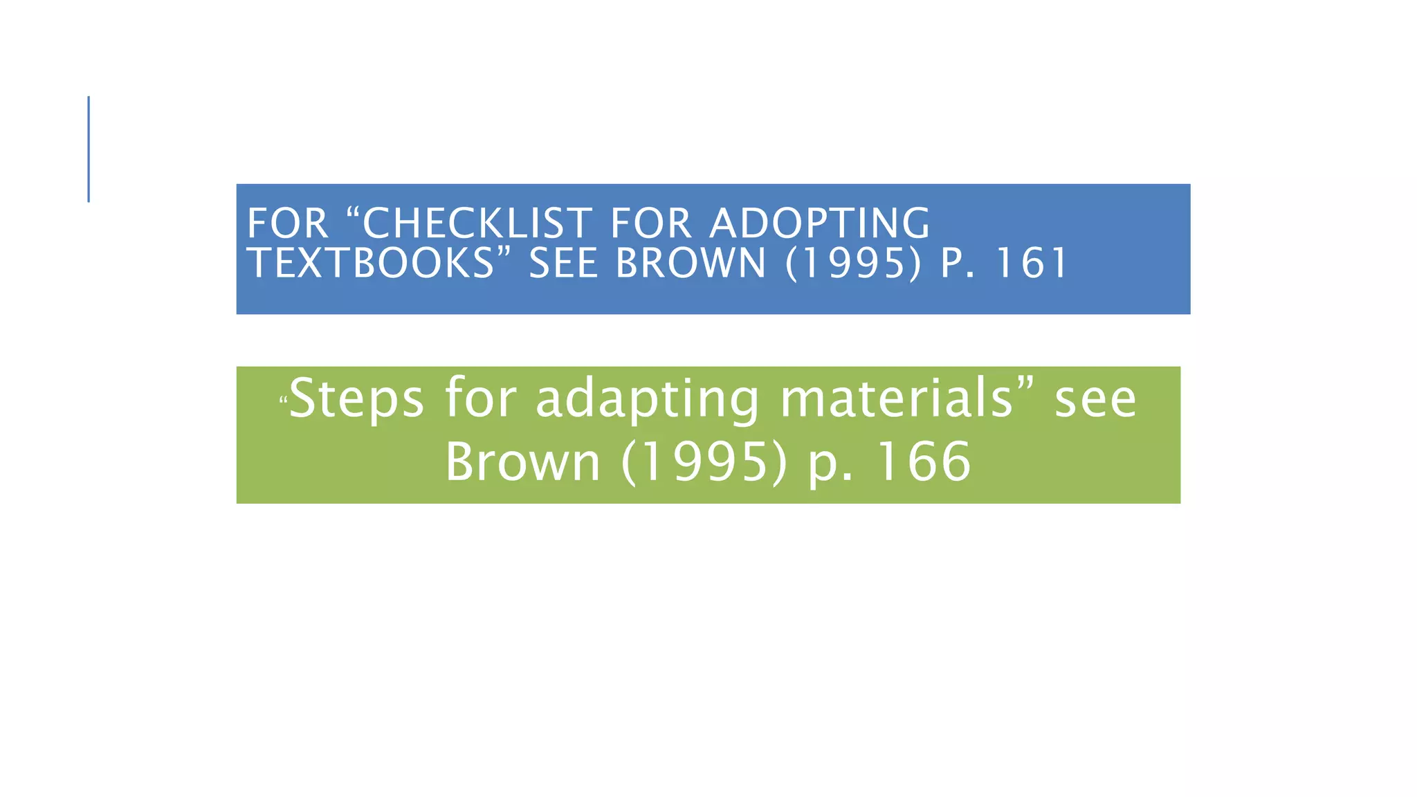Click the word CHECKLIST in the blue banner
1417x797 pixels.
477,223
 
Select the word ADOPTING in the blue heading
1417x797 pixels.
820,223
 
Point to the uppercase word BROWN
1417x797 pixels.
691,264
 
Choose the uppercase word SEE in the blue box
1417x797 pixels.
563,264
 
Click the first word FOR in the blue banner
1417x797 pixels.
287,223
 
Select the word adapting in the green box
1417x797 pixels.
647,400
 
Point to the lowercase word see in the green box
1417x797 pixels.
1095,400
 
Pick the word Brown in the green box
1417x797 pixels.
522,462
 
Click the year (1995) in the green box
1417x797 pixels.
704,462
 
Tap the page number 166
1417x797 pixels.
924,462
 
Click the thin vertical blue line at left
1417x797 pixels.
89,149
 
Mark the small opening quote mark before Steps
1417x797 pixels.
282,399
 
